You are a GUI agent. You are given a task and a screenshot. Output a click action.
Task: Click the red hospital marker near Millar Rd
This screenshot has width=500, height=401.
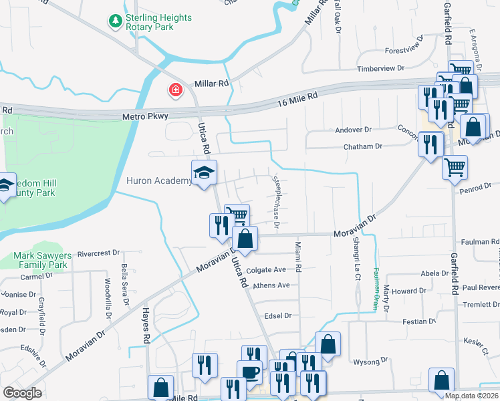pos(175,90)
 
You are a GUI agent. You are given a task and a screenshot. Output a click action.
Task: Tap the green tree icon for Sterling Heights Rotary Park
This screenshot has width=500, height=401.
pos(116,22)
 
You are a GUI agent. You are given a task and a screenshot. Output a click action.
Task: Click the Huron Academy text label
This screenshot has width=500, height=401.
pos(158,180)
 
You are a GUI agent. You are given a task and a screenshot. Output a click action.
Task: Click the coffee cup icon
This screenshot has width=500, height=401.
pos(249,372)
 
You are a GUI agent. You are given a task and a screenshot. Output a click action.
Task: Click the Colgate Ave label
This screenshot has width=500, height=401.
pos(266,270)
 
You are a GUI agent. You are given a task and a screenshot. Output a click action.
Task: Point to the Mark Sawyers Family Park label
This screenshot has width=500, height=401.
pos(41,260)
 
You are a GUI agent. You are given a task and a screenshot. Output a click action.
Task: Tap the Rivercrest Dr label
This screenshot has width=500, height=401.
pos(98,254)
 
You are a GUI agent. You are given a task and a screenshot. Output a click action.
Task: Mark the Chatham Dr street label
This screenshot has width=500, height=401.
pos(363,146)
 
